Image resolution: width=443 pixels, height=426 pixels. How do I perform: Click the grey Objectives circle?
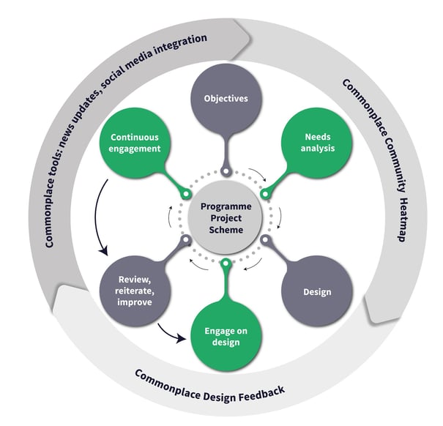tap(226, 99)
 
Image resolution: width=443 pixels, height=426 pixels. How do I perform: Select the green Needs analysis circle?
tap(317, 143)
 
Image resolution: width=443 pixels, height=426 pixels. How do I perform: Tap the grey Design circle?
tap(317, 291)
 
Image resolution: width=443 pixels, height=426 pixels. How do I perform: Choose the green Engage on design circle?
tap(226, 336)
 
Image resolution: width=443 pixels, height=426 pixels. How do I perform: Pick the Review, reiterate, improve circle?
tap(135, 291)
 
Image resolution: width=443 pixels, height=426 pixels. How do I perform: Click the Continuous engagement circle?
tap(135, 143)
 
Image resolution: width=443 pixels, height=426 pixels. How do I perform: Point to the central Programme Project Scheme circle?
tap(226, 217)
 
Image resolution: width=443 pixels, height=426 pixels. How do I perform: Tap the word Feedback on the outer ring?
tap(262, 393)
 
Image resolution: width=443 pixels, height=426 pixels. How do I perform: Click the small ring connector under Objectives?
tap(226, 171)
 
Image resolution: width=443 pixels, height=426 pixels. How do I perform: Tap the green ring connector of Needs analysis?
tap(265, 194)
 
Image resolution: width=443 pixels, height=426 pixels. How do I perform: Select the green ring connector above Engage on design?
tap(226, 264)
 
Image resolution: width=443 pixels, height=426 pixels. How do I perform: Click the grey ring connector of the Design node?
tap(265, 240)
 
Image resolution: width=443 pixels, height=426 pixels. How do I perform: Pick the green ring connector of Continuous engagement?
tap(186, 194)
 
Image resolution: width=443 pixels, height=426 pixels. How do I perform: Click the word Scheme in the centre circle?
tap(226, 230)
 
